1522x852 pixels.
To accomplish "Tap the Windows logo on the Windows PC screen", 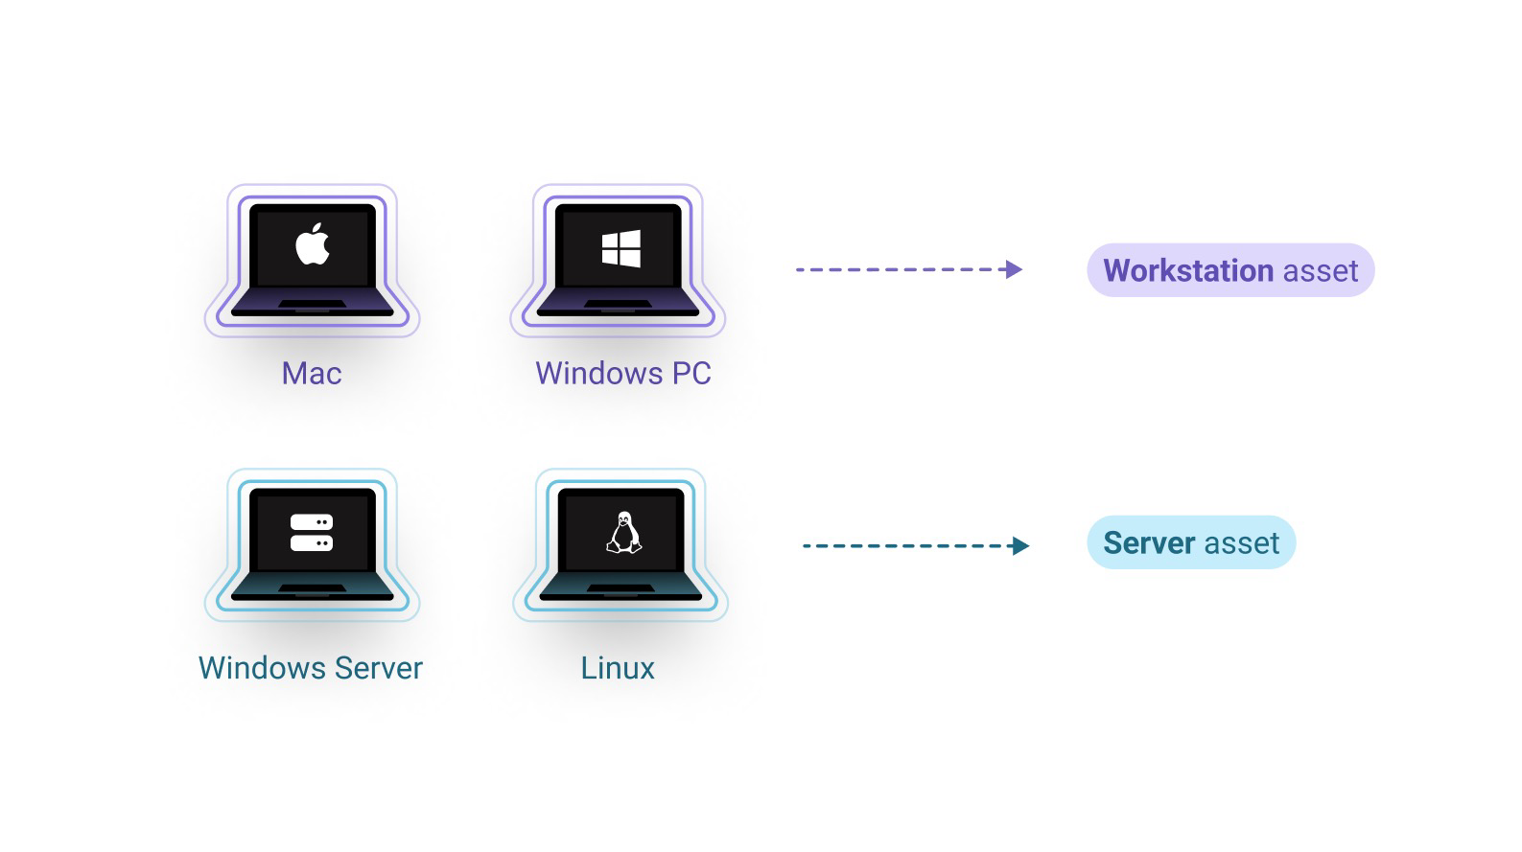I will (x=621, y=248).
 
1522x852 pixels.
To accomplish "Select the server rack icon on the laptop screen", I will (x=312, y=533).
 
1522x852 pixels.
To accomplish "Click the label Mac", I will (x=312, y=373).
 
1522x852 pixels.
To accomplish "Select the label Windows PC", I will (x=623, y=373).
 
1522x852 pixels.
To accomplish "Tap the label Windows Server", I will (x=310, y=668).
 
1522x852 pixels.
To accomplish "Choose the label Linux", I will (x=618, y=668).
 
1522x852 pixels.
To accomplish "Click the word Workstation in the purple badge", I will (x=1188, y=270).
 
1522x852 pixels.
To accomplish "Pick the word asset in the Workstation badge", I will (x=1321, y=270).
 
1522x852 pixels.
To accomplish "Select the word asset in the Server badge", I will (x=1241, y=543).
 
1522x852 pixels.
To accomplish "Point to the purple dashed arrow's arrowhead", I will (x=1013, y=269).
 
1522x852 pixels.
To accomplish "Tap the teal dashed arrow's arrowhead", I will (x=1020, y=546).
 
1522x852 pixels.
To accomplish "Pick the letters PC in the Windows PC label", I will (x=691, y=373).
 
